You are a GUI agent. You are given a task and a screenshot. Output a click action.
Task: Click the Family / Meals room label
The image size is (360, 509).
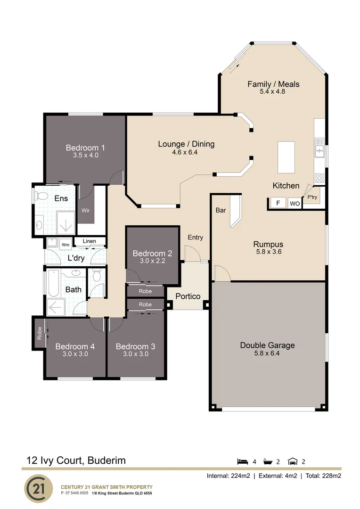(273, 84)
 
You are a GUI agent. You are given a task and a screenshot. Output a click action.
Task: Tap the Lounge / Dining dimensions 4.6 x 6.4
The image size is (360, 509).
(186, 152)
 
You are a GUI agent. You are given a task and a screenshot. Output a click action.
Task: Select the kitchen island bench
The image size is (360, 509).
(286, 157)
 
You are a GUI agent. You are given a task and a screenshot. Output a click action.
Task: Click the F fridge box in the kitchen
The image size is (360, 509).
(278, 203)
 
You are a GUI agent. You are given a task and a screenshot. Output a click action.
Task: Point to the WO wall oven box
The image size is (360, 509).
(295, 204)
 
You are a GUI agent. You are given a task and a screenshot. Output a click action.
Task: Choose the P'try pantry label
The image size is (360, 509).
(312, 198)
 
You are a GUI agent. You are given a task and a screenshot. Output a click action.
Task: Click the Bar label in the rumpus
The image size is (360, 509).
(221, 210)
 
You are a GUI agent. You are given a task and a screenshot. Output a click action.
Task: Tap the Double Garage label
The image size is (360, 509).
(267, 345)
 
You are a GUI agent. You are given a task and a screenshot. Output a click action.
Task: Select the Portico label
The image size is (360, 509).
(188, 296)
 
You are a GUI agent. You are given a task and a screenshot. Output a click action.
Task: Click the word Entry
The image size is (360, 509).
(195, 237)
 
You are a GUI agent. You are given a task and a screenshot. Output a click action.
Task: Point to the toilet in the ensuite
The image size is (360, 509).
(41, 196)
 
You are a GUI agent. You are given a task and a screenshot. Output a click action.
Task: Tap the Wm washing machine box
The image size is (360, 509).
(65, 244)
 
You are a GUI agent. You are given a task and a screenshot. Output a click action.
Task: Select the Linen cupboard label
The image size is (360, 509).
(90, 241)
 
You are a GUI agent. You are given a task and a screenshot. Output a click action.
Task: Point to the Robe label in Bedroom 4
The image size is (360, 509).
(39, 333)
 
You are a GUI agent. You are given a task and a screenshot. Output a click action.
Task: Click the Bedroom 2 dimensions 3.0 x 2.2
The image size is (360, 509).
(152, 260)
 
